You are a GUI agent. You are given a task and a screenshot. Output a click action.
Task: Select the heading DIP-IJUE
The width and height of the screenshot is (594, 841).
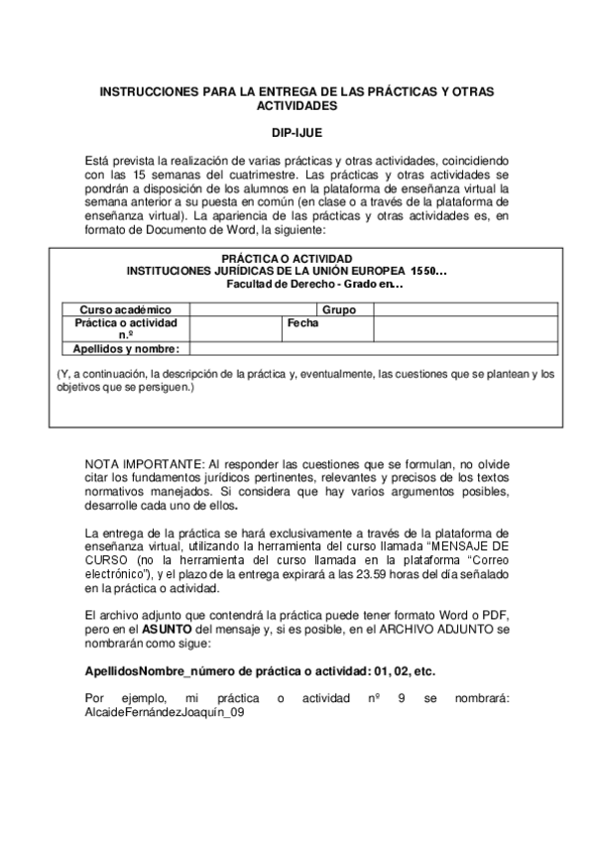pos(297,131)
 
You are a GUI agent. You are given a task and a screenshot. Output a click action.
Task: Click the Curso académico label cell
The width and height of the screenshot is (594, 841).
pos(125,309)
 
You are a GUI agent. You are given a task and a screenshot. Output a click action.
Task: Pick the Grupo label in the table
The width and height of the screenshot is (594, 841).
pos(339,309)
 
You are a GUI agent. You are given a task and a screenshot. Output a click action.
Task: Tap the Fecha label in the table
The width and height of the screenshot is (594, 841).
pos(302,323)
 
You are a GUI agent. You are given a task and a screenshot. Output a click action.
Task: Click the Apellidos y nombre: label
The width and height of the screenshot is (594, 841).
pos(125,348)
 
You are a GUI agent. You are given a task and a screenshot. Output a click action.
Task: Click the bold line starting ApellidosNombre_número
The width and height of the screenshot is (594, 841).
pos(260,670)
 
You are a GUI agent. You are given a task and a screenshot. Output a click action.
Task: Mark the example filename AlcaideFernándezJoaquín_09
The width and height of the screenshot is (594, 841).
pos(166,713)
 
